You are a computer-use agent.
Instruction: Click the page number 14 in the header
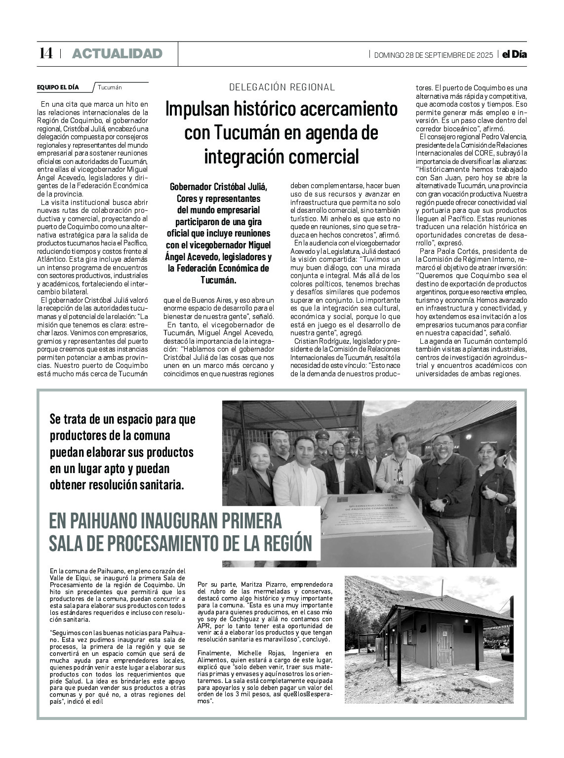[x=46, y=53]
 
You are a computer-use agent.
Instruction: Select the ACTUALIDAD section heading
[x=117, y=54]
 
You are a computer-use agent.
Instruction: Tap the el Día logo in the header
[x=514, y=54]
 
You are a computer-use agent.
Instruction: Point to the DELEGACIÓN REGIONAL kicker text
[x=282, y=87]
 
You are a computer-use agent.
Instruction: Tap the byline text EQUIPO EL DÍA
[x=58, y=87]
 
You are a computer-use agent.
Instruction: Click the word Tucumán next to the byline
[x=110, y=87]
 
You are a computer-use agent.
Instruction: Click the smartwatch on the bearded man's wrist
[x=445, y=500]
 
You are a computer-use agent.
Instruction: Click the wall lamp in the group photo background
[x=468, y=437]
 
